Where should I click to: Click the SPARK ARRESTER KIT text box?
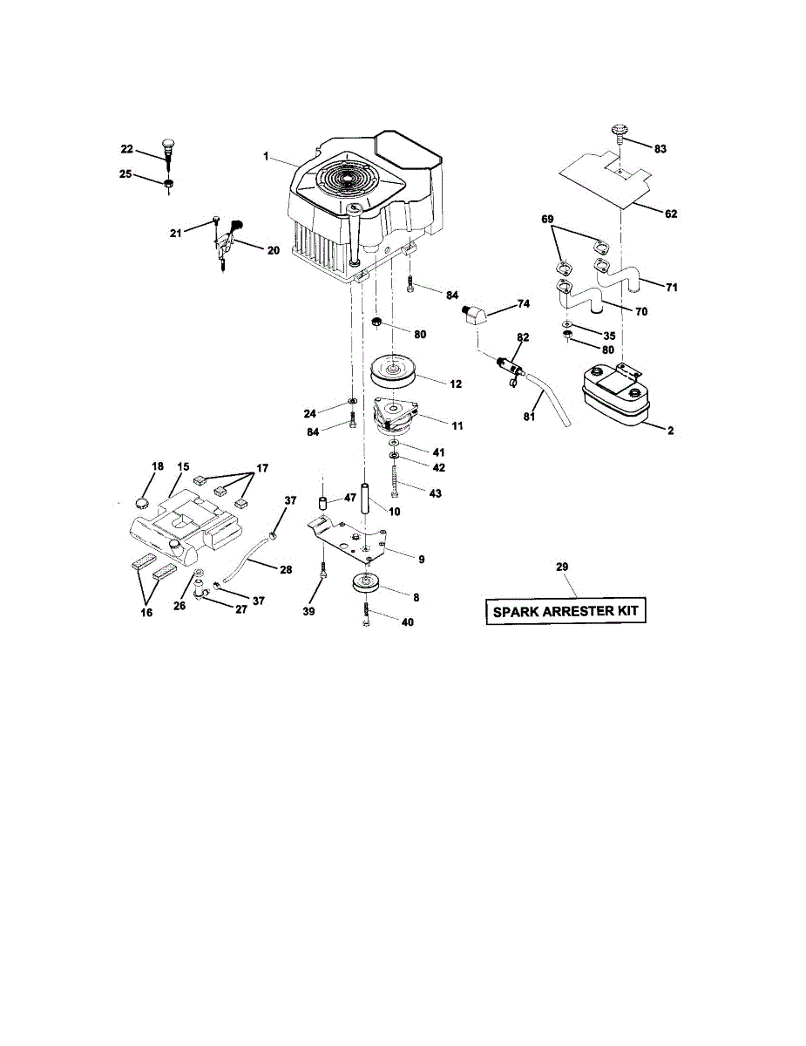[x=566, y=611]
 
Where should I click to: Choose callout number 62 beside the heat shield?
[x=671, y=214]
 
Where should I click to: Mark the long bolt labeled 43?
[x=396, y=481]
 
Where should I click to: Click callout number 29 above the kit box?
[x=562, y=567]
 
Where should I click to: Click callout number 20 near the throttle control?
[x=273, y=250]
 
